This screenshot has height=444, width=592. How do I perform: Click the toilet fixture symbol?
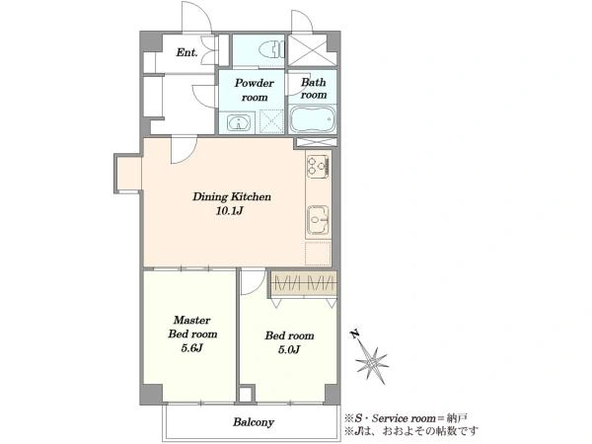click(x=271, y=49)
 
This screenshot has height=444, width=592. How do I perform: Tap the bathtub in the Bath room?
click(x=312, y=118)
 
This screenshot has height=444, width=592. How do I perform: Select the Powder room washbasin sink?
click(x=238, y=122)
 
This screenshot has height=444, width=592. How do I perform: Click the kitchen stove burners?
click(x=319, y=166)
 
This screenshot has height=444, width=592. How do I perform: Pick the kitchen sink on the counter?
click(x=318, y=220)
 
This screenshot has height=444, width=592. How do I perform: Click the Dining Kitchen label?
click(x=232, y=196)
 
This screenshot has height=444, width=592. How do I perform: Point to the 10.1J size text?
click(x=229, y=211)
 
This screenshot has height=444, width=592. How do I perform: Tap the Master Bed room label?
click(x=192, y=327)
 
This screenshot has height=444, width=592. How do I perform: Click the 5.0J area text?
click(x=289, y=350)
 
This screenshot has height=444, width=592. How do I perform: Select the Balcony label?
click(x=254, y=422)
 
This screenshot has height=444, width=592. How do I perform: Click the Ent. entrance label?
click(x=186, y=52)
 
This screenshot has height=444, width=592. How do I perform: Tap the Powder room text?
click(x=255, y=90)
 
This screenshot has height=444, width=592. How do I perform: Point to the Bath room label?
click(x=314, y=89)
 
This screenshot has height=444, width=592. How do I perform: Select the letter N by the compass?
click(x=354, y=333)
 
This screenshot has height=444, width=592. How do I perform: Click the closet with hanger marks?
click(x=303, y=283)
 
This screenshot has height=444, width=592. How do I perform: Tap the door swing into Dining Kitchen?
click(x=184, y=150)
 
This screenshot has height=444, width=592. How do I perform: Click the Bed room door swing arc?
click(x=253, y=282)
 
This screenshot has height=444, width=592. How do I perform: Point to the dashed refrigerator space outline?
click(x=318, y=253)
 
